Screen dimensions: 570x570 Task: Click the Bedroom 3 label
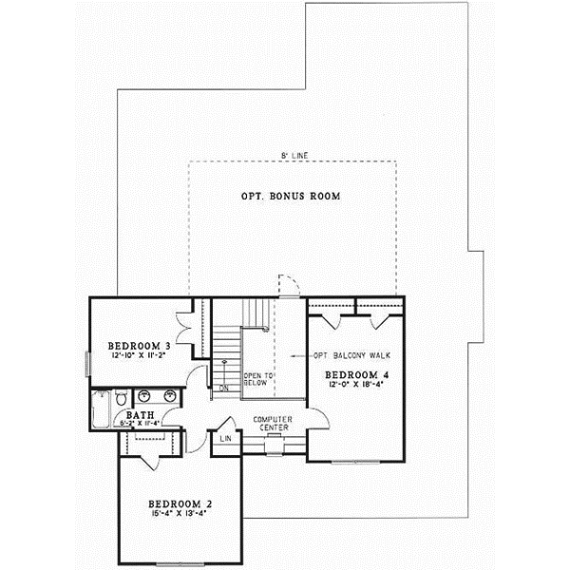point(139,345)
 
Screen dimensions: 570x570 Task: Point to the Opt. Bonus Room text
point(293,197)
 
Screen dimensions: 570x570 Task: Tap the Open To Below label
point(258,379)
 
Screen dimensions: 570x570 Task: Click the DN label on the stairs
point(224,388)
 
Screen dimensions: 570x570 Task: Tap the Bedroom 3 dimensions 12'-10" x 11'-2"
point(139,355)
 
